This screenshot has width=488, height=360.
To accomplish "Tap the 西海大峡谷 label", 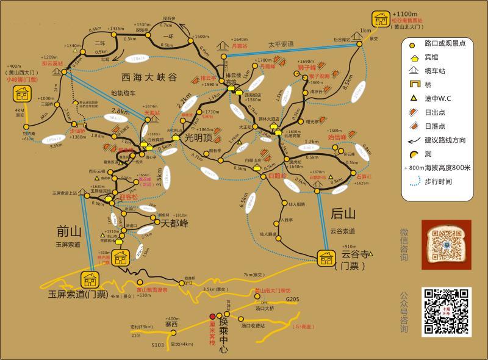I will pos(149,77).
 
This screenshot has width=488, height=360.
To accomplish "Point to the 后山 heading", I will pos(343,214).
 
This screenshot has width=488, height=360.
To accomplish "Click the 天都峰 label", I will pos(174,223).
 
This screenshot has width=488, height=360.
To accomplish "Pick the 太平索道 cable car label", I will pos(281,45).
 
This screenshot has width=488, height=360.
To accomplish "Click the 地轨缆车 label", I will pos(124,93).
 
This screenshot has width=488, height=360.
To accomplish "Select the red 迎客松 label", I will pos(129,196).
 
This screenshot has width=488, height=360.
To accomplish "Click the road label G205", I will pos(293,299).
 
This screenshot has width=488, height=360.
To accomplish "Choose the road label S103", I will pos(157,345).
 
